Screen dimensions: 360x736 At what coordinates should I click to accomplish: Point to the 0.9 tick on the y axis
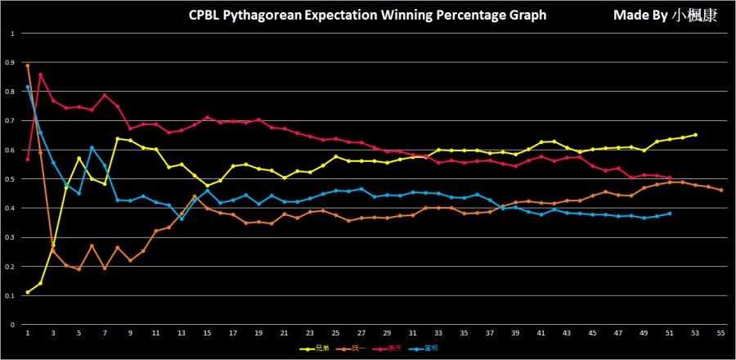pos(11,63)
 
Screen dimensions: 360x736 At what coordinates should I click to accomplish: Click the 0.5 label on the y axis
pos(11,179)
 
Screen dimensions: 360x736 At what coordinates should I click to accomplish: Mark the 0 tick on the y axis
pos(11,325)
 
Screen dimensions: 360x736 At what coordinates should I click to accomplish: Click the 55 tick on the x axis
pos(720,334)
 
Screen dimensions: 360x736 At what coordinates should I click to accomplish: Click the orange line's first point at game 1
pos(28,65)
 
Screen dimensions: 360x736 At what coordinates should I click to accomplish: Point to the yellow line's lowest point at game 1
pos(28,292)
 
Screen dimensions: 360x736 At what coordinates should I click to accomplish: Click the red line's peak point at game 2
pos(41,74)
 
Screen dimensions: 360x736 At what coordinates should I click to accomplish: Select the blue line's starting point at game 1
pos(28,87)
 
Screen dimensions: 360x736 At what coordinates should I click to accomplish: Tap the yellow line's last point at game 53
pos(695,135)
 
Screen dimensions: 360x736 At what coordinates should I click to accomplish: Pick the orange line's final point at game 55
pos(720,190)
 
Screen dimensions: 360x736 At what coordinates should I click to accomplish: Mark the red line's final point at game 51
pos(670,178)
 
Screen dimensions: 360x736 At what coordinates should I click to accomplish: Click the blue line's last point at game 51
pos(670,214)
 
